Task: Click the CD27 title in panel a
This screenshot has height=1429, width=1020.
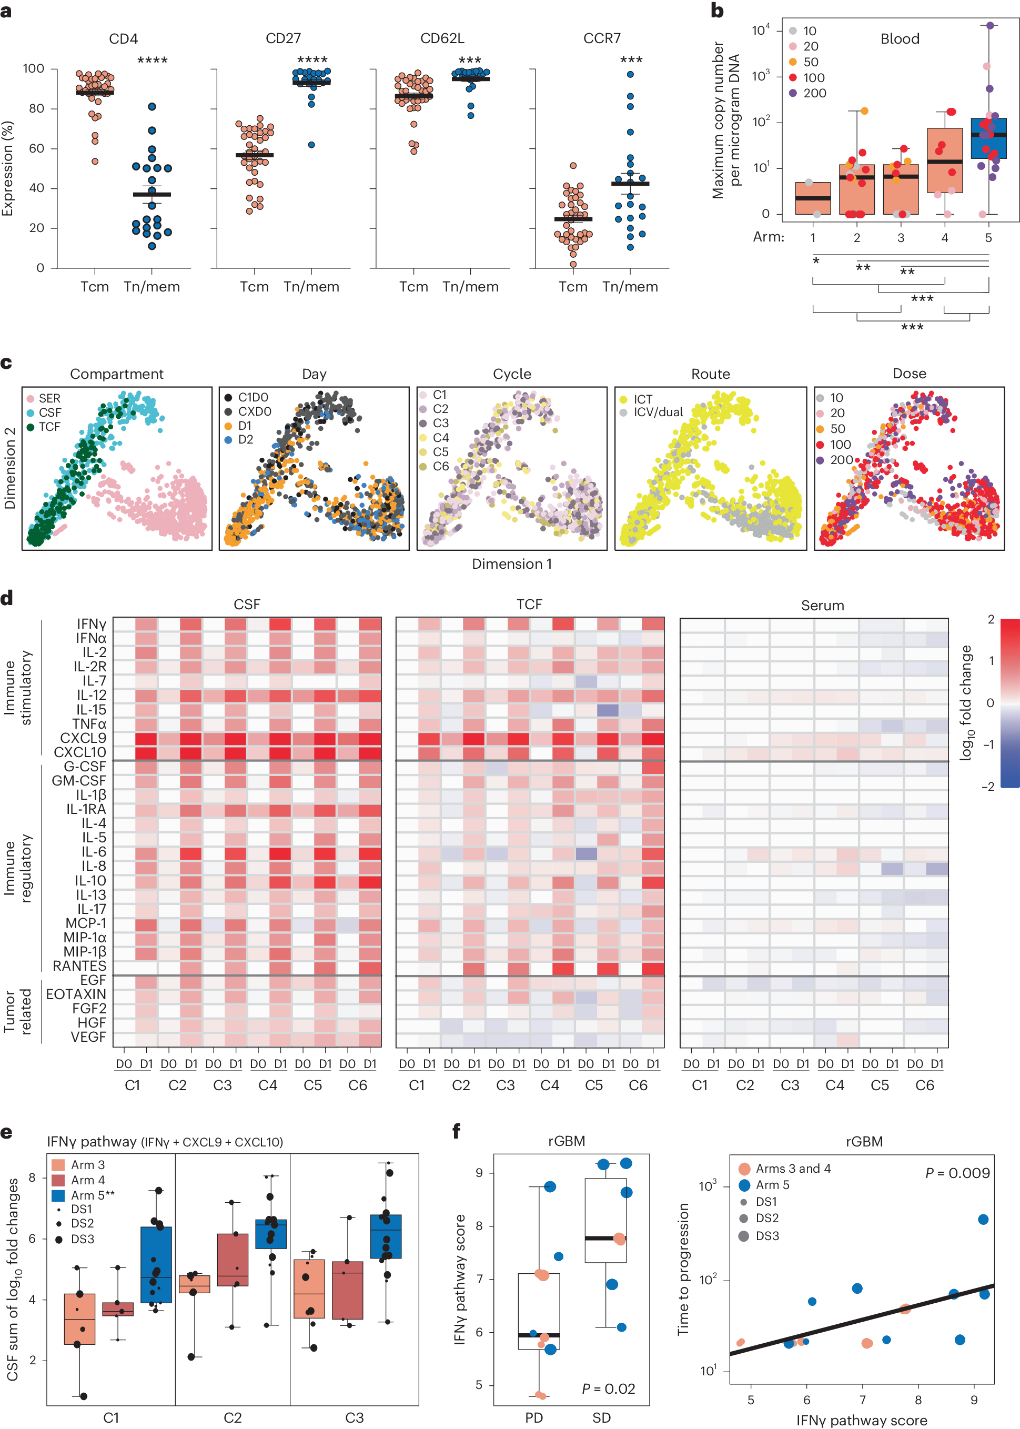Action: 283,38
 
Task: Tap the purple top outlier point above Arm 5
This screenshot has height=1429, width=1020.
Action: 990,26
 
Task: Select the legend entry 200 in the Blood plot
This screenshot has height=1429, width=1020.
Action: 814,93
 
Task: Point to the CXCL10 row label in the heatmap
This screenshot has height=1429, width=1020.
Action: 80,752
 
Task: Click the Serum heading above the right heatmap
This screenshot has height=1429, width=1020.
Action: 822,606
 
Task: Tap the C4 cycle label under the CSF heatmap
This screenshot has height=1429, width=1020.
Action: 268,1085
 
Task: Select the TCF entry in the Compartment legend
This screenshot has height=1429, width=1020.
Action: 49,427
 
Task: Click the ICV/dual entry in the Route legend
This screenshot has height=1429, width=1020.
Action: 658,412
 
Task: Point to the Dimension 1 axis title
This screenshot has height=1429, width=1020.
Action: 512,564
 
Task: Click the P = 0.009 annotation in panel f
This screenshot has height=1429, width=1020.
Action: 957,1173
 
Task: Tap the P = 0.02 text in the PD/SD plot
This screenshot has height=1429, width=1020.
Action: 608,1388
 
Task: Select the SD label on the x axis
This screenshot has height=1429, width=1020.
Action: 601,1418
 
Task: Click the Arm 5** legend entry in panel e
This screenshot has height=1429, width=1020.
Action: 93,1195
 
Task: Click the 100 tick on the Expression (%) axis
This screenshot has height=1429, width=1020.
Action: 33,68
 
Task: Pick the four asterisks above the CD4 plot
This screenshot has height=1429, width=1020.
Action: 152,61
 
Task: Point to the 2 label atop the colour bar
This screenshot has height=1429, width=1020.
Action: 991,619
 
